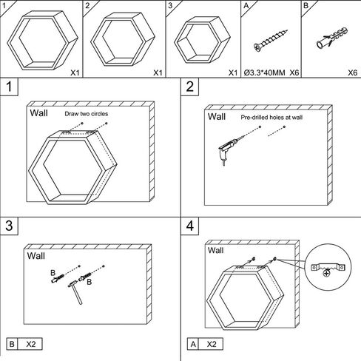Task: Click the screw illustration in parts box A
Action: point(271,41)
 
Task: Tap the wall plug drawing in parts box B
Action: point(332,38)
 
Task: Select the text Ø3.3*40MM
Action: point(264,72)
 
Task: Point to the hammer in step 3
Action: point(75,292)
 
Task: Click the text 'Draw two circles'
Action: point(87,114)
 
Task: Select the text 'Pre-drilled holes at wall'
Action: point(271,118)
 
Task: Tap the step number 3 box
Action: point(9,226)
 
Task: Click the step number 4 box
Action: point(190,226)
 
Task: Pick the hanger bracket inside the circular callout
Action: point(328,269)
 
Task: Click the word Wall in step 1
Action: point(39,113)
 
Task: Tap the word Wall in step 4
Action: point(215,250)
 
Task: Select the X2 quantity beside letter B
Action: point(31,344)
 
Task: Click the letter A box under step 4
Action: point(193,344)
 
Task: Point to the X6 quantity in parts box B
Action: point(353,72)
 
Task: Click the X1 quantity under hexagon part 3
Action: point(233,72)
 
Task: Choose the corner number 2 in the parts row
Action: point(87,5)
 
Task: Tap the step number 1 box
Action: point(9,87)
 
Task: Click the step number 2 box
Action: point(190,87)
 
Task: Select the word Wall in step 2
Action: point(217,116)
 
